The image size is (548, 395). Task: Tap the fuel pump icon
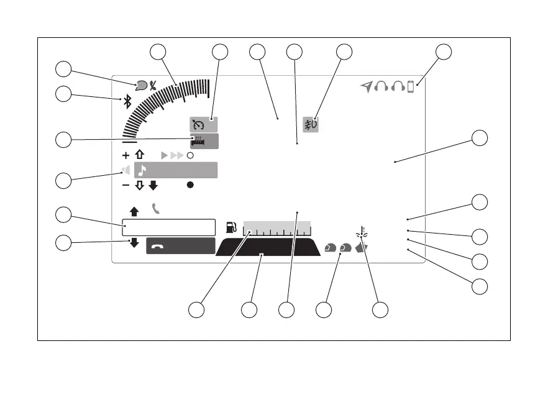tap(232, 227)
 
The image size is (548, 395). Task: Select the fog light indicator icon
tap(310, 124)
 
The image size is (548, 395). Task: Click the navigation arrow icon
tap(367, 87)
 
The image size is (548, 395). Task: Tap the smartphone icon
tap(410, 88)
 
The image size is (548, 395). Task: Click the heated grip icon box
tap(204, 141)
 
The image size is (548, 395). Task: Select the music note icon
tap(142, 170)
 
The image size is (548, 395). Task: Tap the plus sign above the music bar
tap(126, 155)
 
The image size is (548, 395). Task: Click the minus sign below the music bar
tap(126, 185)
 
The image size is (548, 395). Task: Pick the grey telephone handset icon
tap(155, 209)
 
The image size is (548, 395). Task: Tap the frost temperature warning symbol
tap(363, 235)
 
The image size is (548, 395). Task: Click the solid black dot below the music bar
tap(190, 185)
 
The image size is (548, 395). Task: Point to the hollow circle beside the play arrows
tap(190, 155)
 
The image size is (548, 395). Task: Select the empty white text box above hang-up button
tap(168, 227)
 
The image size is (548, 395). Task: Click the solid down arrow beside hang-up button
tap(134, 243)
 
